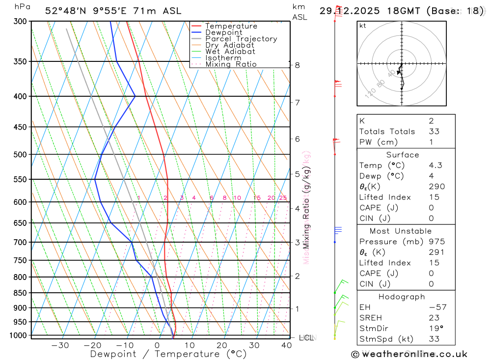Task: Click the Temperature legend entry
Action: click(x=231, y=26)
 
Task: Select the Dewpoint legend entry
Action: click(x=223, y=32)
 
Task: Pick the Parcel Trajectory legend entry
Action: click(x=241, y=39)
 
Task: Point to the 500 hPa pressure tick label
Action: click(x=20, y=155)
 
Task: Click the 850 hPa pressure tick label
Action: click(x=20, y=293)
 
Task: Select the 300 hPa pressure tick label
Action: click(x=20, y=22)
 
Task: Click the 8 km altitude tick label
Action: click(x=297, y=65)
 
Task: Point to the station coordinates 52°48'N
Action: click(x=67, y=11)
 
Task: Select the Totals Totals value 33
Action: click(x=434, y=132)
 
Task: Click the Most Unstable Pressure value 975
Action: click(x=436, y=242)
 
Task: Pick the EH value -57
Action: click(x=437, y=307)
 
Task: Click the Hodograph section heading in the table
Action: click(x=402, y=297)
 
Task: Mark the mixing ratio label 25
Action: click(x=283, y=198)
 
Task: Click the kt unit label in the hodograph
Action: click(x=363, y=26)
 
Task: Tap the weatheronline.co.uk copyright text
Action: click(x=409, y=354)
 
